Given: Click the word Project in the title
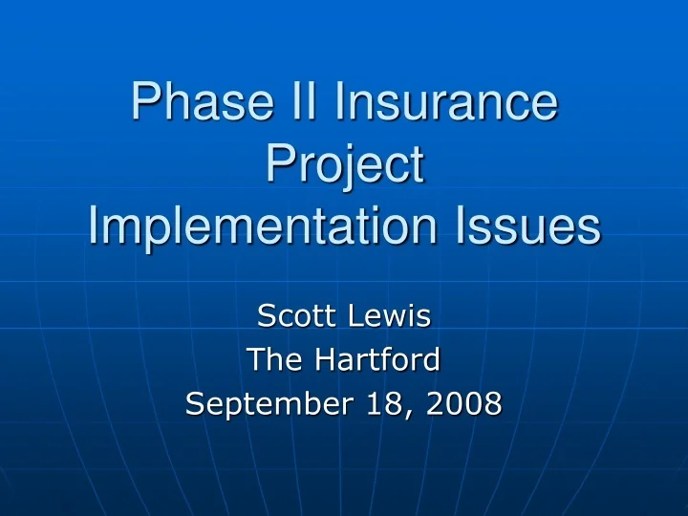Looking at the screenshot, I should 344,165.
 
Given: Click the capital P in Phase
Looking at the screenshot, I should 143,104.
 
